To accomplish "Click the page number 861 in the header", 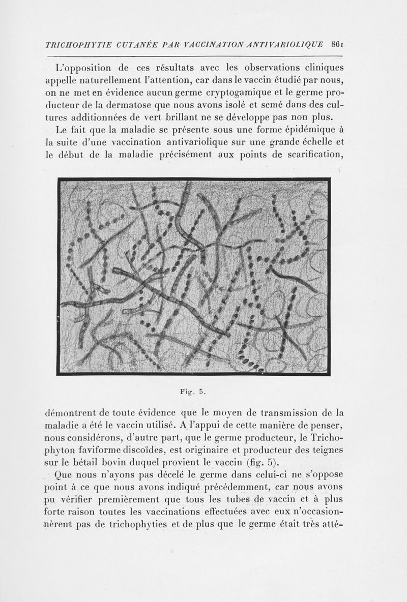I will coord(339,44).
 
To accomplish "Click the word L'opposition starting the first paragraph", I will coord(86,69).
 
